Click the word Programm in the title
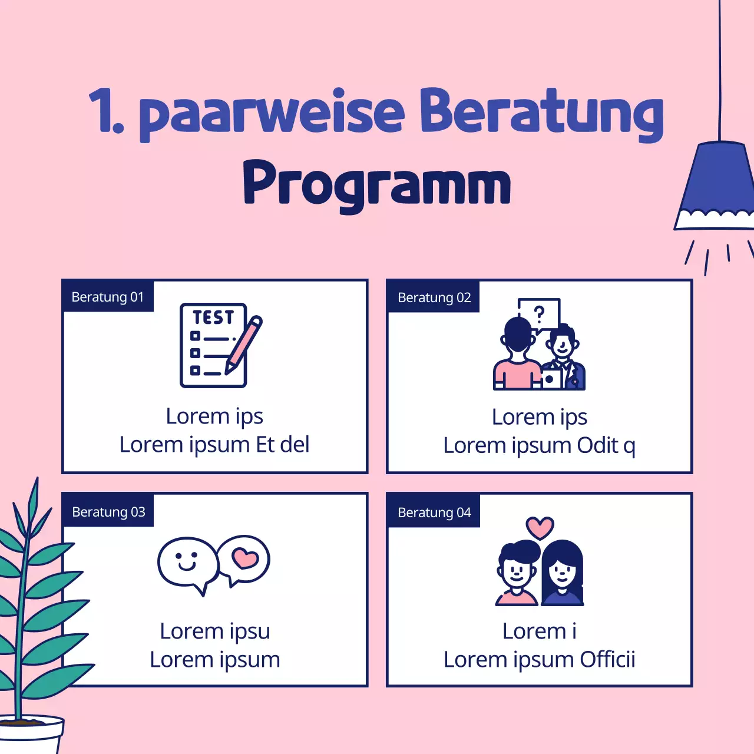click(x=377, y=184)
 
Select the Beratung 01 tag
click(x=107, y=297)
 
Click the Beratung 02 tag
click(x=434, y=297)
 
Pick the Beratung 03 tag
click(x=108, y=512)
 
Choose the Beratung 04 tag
click(x=434, y=512)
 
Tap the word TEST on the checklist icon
click(x=213, y=318)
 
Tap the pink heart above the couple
click(x=540, y=527)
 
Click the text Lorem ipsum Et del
click(x=214, y=445)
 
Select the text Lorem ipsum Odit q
click(x=539, y=446)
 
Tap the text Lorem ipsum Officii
click(x=539, y=660)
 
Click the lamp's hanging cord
click(x=719, y=71)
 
